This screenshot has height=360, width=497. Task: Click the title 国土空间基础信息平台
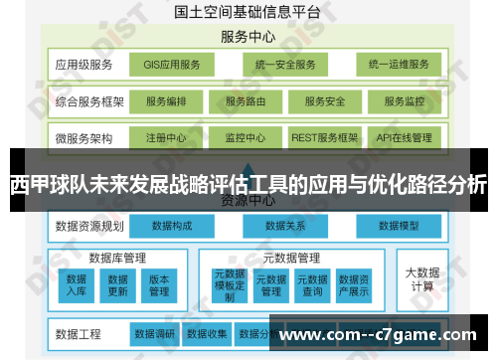tap(248, 13)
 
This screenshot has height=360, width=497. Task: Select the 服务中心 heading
tap(248, 38)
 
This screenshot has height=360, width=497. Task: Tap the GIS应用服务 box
tap(172, 65)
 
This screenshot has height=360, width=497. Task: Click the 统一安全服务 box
tap(284, 65)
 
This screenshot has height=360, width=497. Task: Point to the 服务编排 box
tap(172, 101)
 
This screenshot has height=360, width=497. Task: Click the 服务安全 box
tap(325, 101)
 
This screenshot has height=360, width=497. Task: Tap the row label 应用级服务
tap(84, 65)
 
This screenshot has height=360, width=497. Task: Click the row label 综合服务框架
tap(90, 101)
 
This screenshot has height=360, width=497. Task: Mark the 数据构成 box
tap(174, 226)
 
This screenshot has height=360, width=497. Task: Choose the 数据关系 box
tap(285, 226)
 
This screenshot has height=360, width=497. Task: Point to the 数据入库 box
tap(77, 284)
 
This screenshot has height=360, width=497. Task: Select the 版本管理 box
tap(159, 284)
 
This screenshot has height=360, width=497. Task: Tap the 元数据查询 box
tap(312, 284)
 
